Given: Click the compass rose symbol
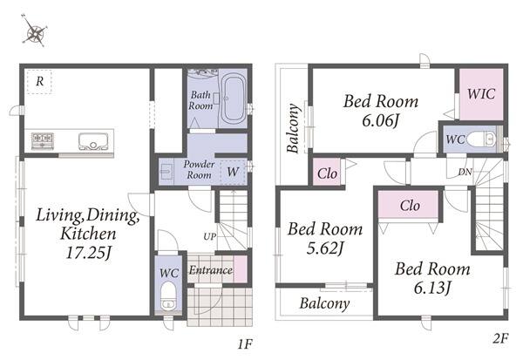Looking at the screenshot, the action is point(34,31).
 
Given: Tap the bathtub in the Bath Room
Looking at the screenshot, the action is point(233,98).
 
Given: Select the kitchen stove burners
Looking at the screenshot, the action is point(43,140).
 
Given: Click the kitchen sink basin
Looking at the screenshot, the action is point(94,141).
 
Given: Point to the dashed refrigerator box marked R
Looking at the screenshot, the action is point(39,81).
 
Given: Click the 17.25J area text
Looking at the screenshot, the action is point(88,253).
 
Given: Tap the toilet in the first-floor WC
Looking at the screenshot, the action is point(168,295).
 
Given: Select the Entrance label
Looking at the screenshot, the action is point(211,269).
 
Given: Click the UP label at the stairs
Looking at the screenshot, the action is point(210,236).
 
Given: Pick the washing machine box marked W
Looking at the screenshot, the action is point(233,172).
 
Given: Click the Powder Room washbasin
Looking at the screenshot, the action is point(166,172).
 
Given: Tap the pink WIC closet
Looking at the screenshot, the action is point(481,94).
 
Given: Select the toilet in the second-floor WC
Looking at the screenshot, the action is point(481,139).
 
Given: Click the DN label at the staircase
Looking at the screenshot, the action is point(465,172).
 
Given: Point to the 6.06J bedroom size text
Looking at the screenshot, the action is point(381,121).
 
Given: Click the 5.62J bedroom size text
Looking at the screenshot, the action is point(325,248).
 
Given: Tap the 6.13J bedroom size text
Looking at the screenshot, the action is point(432,288).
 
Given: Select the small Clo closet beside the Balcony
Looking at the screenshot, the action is point(327,173).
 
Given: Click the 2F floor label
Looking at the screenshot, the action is point(500,339).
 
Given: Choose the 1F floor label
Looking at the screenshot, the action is point(245,344).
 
